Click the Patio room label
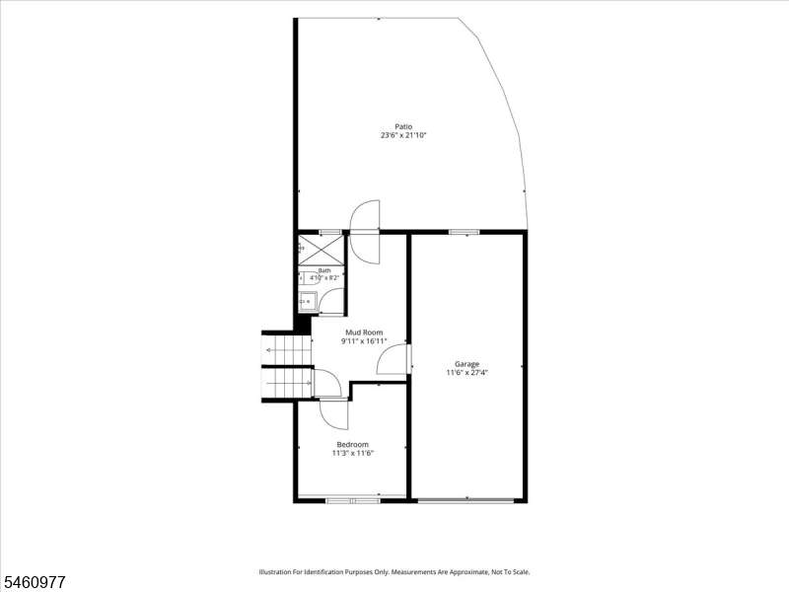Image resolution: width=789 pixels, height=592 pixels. [403, 126]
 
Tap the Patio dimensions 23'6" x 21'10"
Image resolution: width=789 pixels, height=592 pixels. [403, 135]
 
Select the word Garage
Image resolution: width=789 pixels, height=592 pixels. [466, 364]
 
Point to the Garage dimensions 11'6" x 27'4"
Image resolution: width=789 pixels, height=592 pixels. [466, 373]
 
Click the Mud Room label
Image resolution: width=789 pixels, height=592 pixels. [364, 333]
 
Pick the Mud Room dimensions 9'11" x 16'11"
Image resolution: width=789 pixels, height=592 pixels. [364, 341]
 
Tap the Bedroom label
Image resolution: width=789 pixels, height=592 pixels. [352, 445]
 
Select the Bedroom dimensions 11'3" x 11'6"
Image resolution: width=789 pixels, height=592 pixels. [352, 453]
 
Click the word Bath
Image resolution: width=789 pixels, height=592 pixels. [324, 270]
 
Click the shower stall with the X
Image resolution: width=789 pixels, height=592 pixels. [321, 250]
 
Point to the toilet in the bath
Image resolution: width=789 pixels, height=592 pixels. [308, 278]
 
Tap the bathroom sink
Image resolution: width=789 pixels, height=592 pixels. [307, 302]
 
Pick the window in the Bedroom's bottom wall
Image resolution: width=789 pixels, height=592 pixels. [353, 501]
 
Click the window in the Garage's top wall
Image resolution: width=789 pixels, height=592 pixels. [464, 232]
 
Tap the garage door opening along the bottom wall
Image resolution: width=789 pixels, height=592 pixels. [466, 500]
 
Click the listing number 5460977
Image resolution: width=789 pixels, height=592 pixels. [33, 582]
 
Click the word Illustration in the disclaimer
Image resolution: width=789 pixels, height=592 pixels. [273, 572]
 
